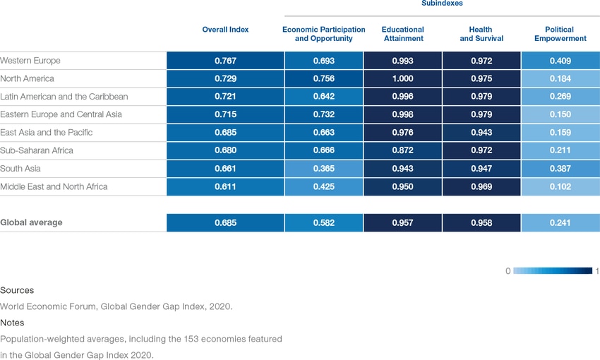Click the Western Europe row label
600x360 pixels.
(x=30, y=61)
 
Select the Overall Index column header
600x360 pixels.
(x=225, y=30)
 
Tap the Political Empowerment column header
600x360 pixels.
(x=560, y=34)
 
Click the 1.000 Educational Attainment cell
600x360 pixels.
(x=402, y=78)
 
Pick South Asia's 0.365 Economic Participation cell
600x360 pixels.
(x=323, y=169)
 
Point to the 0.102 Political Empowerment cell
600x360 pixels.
(x=560, y=186)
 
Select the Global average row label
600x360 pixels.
(x=31, y=222)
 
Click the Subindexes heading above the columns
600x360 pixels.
(x=442, y=4)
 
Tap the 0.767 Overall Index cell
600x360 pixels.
(x=225, y=61)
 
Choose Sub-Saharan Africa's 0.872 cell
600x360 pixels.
(x=402, y=150)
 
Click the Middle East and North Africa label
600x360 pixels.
(x=54, y=186)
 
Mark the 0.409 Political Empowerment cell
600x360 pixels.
(x=560, y=61)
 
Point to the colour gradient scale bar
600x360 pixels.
(x=552, y=271)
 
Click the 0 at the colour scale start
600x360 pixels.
(x=508, y=271)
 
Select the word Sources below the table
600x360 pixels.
(x=17, y=290)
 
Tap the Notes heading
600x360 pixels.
(x=13, y=323)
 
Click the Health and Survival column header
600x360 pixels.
(x=481, y=34)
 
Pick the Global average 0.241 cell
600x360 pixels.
(x=560, y=222)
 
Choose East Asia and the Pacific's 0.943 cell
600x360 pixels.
(x=481, y=132)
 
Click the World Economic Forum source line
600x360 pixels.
(x=116, y=306)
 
